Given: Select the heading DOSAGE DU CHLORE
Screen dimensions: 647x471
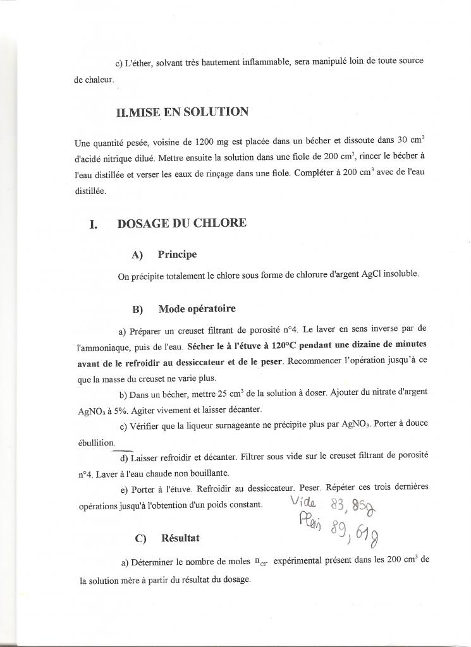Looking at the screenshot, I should (181, 223).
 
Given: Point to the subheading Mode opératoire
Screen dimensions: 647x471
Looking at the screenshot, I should (197, 309).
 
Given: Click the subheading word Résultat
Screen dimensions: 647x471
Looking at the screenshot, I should (180, 538).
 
